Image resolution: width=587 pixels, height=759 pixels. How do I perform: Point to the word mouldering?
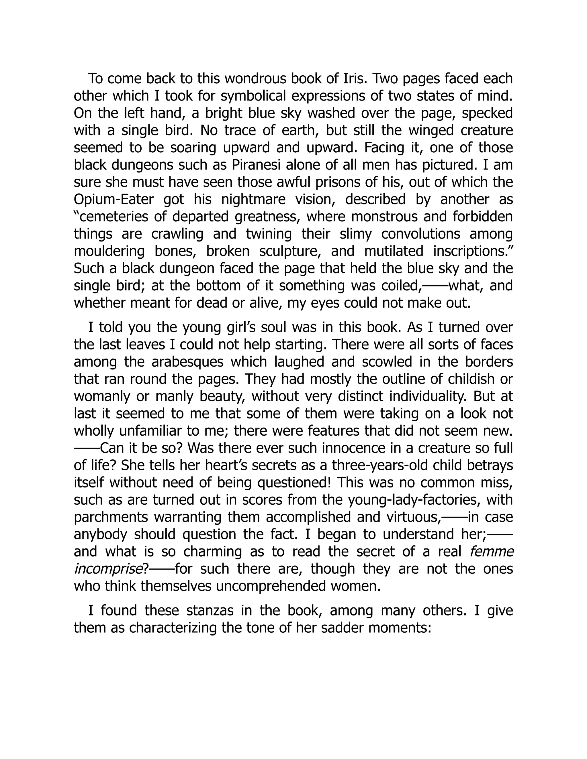pyautogui.click(x=109, y=251)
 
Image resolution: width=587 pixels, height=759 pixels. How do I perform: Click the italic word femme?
pyautogui.click(x=491, y=552)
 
